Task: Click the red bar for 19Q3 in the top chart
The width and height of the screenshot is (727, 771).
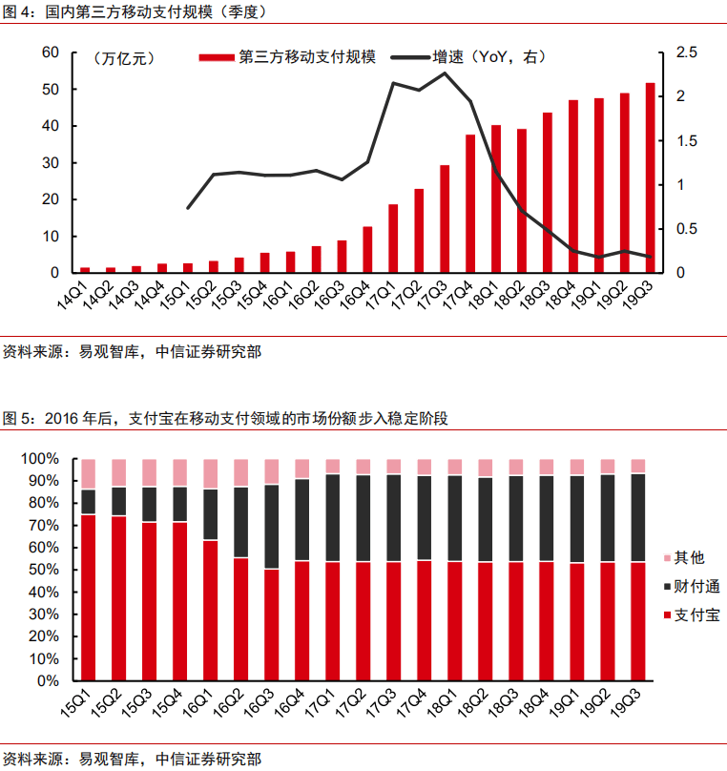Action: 650,178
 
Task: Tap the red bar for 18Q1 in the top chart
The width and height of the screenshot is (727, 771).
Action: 496,199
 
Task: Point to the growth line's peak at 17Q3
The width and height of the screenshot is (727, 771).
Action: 445,73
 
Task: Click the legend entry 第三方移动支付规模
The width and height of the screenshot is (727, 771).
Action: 287,57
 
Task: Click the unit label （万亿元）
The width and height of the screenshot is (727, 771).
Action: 124,58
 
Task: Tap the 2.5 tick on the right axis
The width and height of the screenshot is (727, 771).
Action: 687,52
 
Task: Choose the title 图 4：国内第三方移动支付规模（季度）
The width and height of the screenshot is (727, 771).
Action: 134,12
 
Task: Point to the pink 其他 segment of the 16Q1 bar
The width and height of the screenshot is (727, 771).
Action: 211,473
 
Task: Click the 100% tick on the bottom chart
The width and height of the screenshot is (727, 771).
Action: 40,459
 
